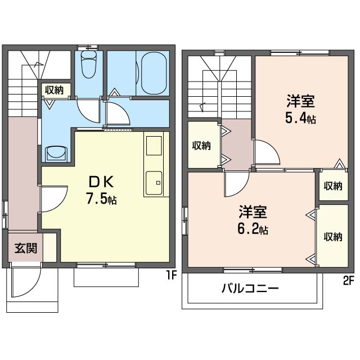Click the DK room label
click(101, 182)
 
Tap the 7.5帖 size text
click(101, 199)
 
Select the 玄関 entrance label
click(26, 248)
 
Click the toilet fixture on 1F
click(89, 64)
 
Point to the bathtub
click(154, 73)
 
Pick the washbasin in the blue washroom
click(56, 154)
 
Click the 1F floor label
click(172, 275)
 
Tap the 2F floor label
click(349, 281)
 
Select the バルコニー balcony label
click(250, 288)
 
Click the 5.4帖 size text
click(300, 119)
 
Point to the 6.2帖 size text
click(253, 229)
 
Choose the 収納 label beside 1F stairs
click(54, 90)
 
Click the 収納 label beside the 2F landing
click(201, 146)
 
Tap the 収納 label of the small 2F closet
click(333, 186)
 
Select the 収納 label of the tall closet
click(333, 237)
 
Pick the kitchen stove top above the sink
click(154, 146)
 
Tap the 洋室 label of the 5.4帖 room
click(300, 101)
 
